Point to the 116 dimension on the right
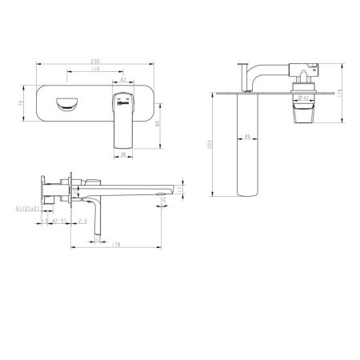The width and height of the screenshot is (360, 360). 339,94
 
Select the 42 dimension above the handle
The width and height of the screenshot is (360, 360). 123,80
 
